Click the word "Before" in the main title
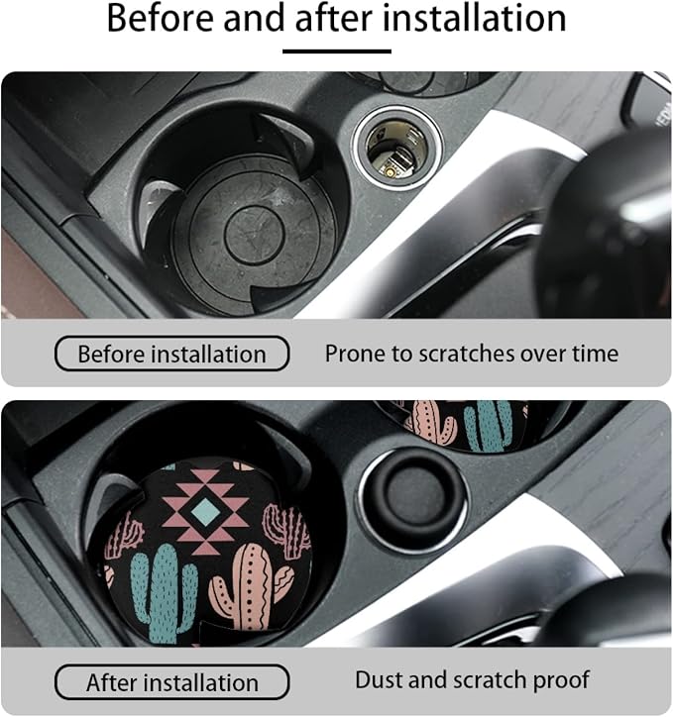pos(161,18)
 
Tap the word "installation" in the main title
pos(475,18)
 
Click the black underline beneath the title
pos(337,51)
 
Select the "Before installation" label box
pos(171,354)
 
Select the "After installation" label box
pos(171,682)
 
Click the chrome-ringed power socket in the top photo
pos(397,149)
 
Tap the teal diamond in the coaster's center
pos(205,511)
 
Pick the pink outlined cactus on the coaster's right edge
pos(286,531)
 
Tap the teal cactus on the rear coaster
pos(488,424)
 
